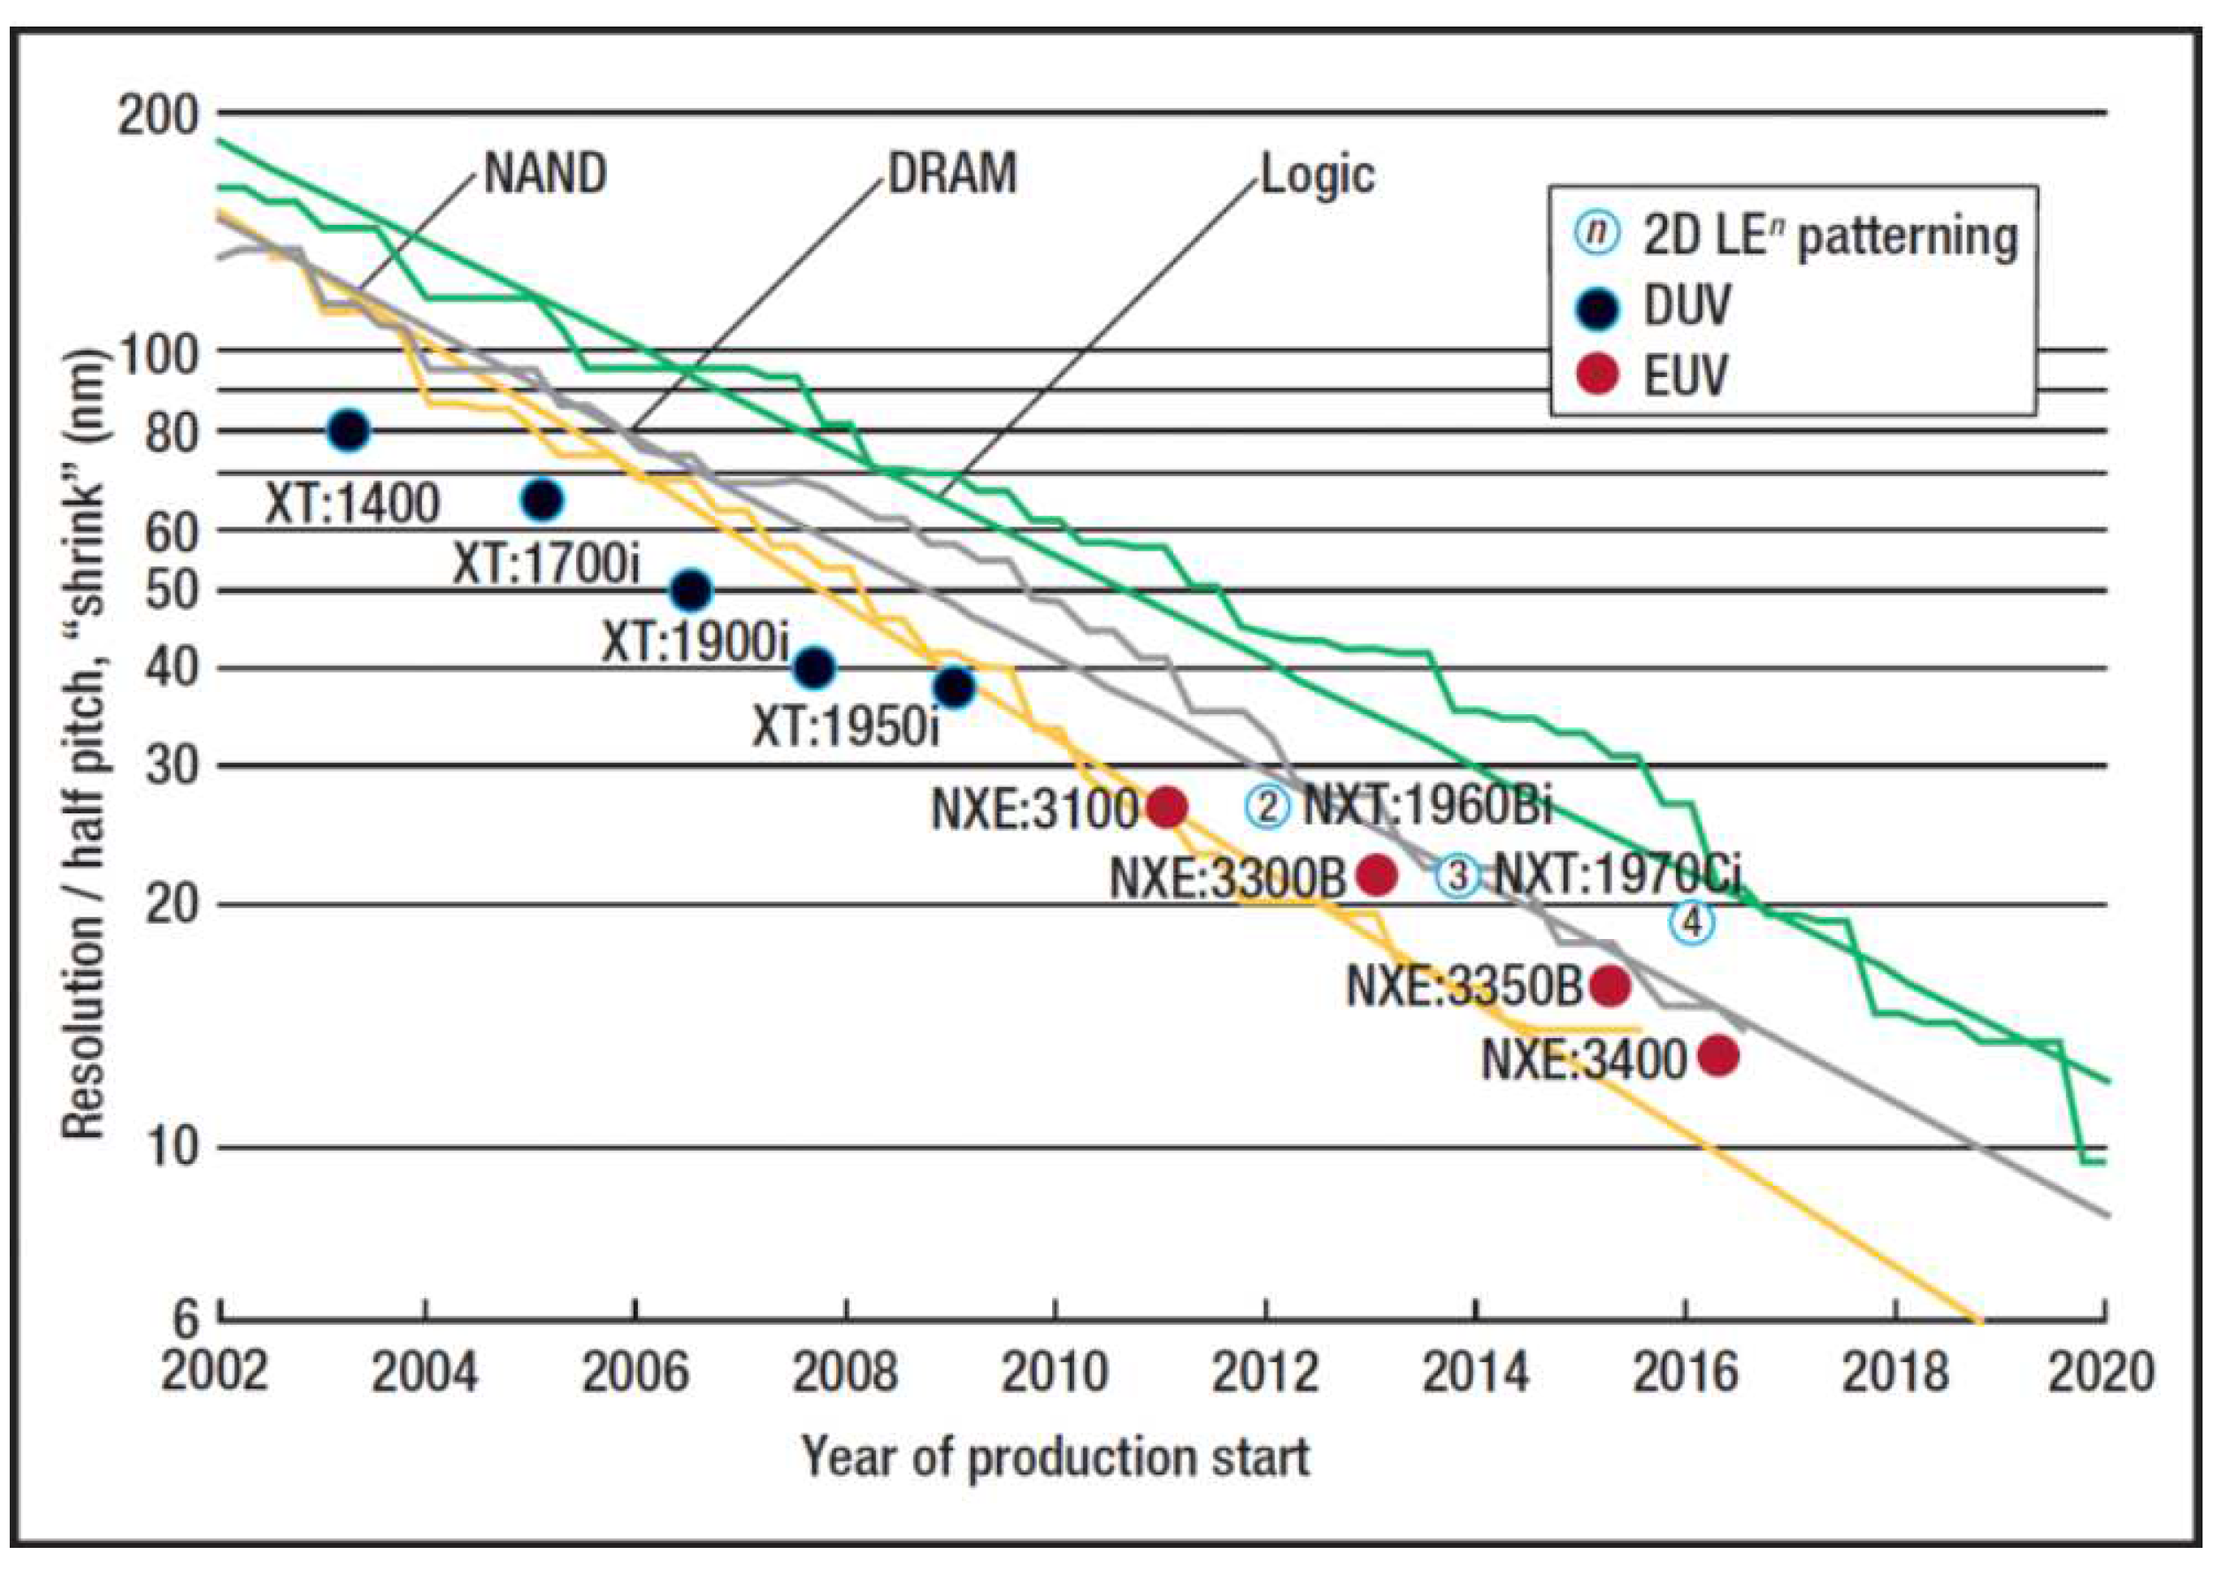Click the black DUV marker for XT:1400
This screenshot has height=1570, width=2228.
(350, 429)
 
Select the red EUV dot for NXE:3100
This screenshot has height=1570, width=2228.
(1167, 806)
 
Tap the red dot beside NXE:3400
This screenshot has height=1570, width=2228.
(1717, 1056)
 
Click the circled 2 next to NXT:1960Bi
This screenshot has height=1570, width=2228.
(1267, 805)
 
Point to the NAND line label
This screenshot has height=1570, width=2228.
(545, 174)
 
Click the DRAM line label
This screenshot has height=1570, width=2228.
(953, 174)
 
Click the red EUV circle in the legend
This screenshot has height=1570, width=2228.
(1597, 374)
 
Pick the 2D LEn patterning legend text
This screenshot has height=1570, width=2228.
(1829, 235)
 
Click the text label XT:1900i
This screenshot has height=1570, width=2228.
(695, 642)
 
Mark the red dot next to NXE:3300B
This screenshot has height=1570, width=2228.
(1376, 875)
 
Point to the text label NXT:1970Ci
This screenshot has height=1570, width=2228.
(1616, 874)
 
